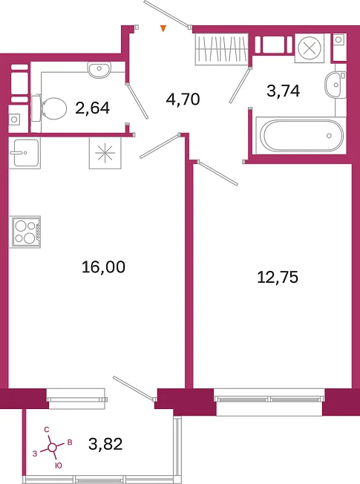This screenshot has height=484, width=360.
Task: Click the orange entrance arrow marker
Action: click(163, 29)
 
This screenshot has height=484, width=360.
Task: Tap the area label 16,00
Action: click(103, 267)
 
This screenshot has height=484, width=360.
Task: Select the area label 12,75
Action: click(278, 277)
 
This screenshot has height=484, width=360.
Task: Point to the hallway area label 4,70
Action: click(183, 99)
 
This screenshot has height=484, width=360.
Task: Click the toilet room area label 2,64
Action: click(92, 108)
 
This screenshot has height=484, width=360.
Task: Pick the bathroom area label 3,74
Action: click(283, 91)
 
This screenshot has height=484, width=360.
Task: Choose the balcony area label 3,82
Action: click(105, 444)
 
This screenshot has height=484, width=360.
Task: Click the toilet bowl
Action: click(50, 108)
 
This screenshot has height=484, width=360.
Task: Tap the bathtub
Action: click(301, 136)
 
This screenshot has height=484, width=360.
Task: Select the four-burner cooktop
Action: click(25, 232)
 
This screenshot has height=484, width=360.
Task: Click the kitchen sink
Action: click(24, 153)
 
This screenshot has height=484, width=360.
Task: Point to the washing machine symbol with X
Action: click(310, 48)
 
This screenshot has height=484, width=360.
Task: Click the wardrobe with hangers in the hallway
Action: click(222, 49)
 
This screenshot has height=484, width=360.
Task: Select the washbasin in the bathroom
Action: click(336, 85)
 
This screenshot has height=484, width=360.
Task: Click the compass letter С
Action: click(47, 429)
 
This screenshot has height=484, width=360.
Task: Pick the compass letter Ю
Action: click(58, 465)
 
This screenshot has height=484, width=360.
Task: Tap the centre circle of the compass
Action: click(53, 447)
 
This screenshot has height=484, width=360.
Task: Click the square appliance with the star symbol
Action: click(105, 153)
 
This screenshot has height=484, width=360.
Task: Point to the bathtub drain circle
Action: click(329, 136)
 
